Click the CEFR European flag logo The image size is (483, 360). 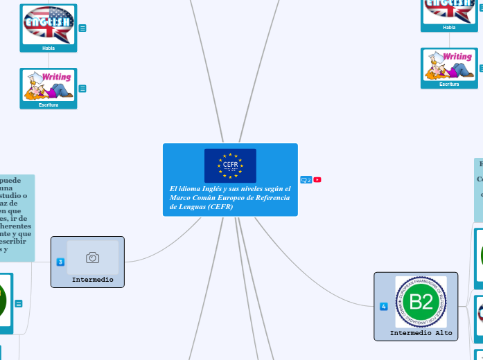tap(230, 165)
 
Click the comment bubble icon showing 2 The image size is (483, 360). tap(306, 180)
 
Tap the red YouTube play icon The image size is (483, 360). tap(317, 180)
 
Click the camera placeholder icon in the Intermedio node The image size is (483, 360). tap(92, 258)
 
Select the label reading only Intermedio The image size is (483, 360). tap(92, 280)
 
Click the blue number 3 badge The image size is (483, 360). tap(60, 262)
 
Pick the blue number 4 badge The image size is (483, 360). tap(383, 306)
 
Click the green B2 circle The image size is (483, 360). tap(421, 302)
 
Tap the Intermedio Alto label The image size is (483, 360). tap(421, 333)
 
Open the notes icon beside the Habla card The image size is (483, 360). tap(82, 28)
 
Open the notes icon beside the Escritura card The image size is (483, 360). tap(82, 89)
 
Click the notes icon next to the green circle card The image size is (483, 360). tap(19, 303)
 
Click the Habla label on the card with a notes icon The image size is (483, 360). tap(49, 48)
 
